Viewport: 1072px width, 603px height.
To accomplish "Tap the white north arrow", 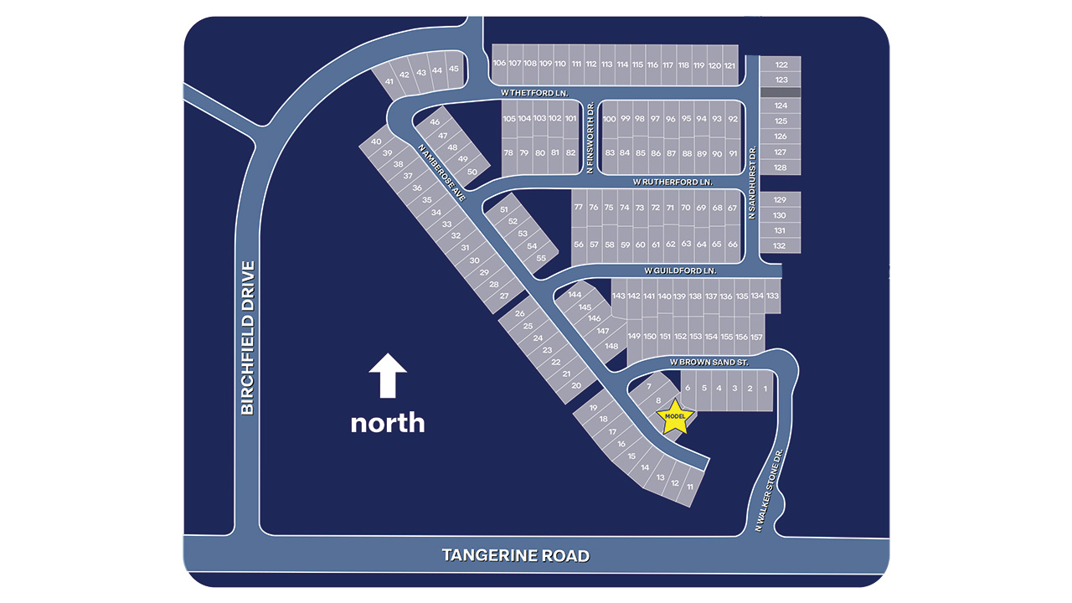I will [x=388, y=374].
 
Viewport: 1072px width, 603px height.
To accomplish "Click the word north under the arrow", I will [x=387, y=422].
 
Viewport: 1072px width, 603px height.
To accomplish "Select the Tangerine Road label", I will [x=515, y=555].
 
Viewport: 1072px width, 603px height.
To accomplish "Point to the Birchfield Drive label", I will [x=247, y=338].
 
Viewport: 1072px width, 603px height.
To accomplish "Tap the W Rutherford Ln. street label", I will [x=672, y=181].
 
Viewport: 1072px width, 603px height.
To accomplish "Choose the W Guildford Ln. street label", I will [x=681, y=271].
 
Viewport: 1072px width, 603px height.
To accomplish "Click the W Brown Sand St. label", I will [x=708, y=362].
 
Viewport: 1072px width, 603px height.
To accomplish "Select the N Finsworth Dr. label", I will [x=590, y=138].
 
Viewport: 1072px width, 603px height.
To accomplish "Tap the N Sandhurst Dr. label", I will [x=752, y=183].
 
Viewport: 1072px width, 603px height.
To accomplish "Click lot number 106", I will [x=499, y=64].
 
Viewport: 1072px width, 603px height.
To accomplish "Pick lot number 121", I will [x=729, y=65].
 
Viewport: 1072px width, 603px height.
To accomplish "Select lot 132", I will [x=780, y=245].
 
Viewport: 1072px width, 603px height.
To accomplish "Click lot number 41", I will [x=389, y=81].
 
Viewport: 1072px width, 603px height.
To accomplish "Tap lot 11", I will [x=690, y=487].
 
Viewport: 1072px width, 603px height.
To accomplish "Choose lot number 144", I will [x=575, y=295].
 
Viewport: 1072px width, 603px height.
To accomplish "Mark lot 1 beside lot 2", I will [x=765, y=389].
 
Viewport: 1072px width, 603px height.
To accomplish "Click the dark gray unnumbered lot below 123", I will [x=781, y=92].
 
